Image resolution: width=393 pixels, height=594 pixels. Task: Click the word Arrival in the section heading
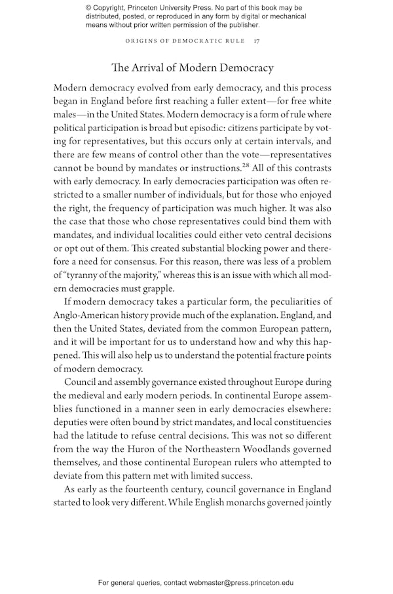pos(150,68)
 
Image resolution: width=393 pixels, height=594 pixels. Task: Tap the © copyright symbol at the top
pos(88,8)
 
